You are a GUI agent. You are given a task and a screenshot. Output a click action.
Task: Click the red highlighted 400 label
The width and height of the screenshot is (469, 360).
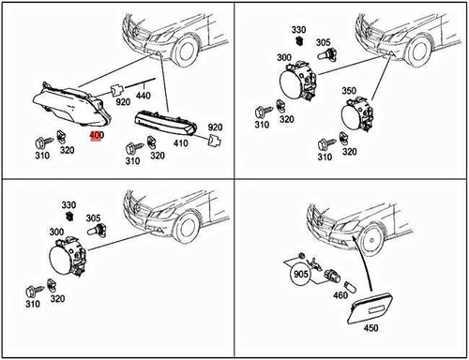[97, 136]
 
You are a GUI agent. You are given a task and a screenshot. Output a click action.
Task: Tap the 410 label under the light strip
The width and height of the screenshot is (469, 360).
[181, 143]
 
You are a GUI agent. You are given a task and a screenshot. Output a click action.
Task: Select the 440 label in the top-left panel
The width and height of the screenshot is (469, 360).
[144, 96]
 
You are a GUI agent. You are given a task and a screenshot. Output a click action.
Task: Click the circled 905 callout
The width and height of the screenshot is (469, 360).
[301, 274]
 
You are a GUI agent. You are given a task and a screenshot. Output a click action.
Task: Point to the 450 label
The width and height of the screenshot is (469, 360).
[371, 328]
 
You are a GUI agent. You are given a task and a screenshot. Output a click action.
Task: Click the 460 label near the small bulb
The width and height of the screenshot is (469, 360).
[340, 295]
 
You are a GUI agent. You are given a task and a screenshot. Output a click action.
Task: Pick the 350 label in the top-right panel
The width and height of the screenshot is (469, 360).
[349, 91]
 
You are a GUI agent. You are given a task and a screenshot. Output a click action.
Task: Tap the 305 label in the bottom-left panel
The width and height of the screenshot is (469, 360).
[93, 217]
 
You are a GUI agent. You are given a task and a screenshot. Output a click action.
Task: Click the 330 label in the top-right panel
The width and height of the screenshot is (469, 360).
[298, 30]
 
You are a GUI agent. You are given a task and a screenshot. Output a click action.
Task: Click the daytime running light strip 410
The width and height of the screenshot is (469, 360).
[166, 123]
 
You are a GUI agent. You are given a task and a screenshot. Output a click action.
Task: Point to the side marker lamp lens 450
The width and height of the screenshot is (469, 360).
[371, 307]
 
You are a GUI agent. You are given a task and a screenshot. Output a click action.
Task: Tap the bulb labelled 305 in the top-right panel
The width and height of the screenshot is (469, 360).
[326, 54]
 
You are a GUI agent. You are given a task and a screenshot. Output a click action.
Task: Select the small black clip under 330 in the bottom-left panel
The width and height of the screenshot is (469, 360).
[68, 216]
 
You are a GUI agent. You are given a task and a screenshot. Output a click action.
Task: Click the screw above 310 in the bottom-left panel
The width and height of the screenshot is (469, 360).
[35, 291]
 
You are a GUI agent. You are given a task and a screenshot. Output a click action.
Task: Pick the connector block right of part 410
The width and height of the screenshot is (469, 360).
[215, 141]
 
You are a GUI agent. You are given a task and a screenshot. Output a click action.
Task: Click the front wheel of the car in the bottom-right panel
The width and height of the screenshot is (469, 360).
[371, 241]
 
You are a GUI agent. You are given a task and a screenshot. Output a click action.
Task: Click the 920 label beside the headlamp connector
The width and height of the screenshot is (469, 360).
[123, 101]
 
